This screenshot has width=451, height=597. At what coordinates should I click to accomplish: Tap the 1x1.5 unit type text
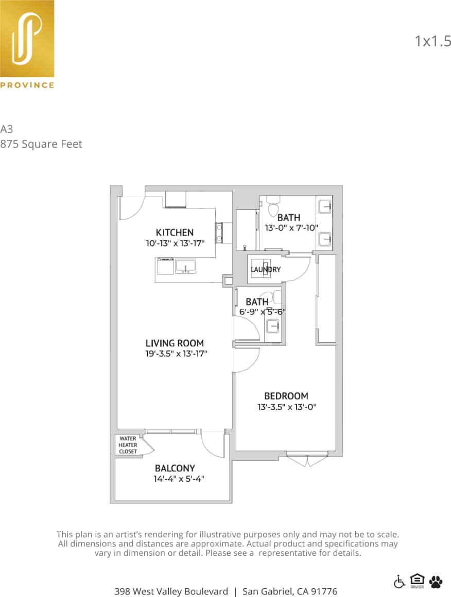click(x=432, y=41)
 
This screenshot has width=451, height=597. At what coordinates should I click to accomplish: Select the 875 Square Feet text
click(x=41, y=144)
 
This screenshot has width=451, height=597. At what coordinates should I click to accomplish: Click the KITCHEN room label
click(x=175, y=233)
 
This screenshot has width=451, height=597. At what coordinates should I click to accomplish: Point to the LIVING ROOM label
click(x=175, y=343)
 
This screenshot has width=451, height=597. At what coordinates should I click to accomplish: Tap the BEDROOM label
click(x=286, y=396)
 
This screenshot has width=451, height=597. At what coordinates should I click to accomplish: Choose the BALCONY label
click(x=175, y=468)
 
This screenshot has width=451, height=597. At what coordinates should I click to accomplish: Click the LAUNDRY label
click(x=266, y=269)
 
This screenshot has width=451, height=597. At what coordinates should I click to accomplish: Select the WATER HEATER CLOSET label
click(x=128, y=445)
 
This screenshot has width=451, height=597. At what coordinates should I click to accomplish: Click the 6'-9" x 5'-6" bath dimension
click(x=263, y=311)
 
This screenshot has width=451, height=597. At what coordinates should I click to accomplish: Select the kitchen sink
click(x=185, y=266)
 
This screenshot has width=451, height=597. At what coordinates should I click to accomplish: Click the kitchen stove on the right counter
click(x=219, y=232)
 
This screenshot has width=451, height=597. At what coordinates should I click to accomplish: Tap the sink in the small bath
click(x=272, y=325)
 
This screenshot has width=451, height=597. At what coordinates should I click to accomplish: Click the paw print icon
click(x=436, y=582)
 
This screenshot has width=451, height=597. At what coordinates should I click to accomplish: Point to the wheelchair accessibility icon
click(x=400, y=582)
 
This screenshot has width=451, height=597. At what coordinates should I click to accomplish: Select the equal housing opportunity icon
click(x=417, y=581)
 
